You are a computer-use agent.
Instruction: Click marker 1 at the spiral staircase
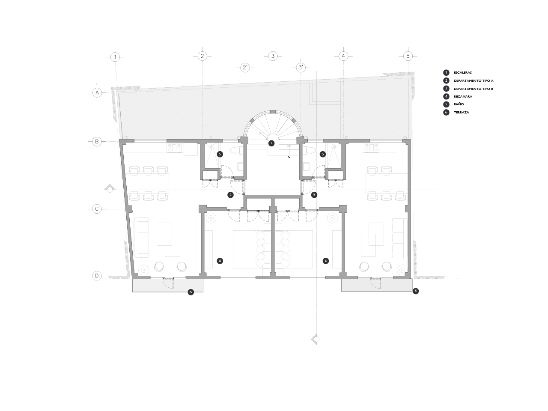tap(271, 143)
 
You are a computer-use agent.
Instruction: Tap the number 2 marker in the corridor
tap(230, 195)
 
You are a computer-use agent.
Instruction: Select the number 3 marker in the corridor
tap(314, 195)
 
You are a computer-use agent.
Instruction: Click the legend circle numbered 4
tap(446, 96)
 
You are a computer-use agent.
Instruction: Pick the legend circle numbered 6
tap(446, 112)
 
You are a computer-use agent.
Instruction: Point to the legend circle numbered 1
tap(446, 73)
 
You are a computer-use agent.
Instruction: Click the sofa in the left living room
tap(142, 237)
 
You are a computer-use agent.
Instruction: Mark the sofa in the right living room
tap(399, 238)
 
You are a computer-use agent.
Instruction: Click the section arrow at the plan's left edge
tap(110, 188)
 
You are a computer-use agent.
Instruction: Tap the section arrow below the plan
tap(316, 339)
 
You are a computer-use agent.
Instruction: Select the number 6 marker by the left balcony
tap(191, 292)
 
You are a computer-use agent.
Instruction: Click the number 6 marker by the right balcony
tap(415, 291)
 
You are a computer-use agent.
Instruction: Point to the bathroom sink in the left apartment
tap(240, 167)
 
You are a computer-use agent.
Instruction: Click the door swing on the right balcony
tap(375, 283)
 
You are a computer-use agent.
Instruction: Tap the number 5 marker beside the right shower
tap(323, 154)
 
